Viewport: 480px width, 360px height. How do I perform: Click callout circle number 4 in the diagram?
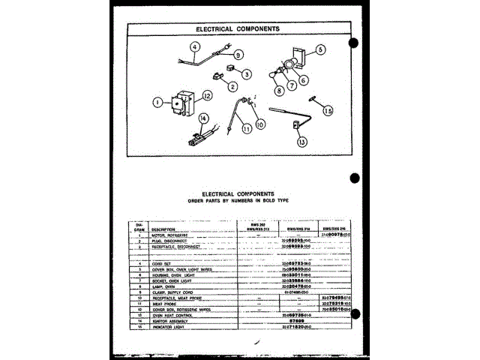(x=195, y=46)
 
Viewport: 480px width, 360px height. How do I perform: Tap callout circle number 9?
(x=238, y=55)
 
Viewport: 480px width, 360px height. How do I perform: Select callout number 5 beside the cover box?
(x=320, y=50)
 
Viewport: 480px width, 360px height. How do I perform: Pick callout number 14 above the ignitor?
(x=202, y=118)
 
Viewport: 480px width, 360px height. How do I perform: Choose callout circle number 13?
(x=301, y=140)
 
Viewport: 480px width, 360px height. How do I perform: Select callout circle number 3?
(x=245, y=73)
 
